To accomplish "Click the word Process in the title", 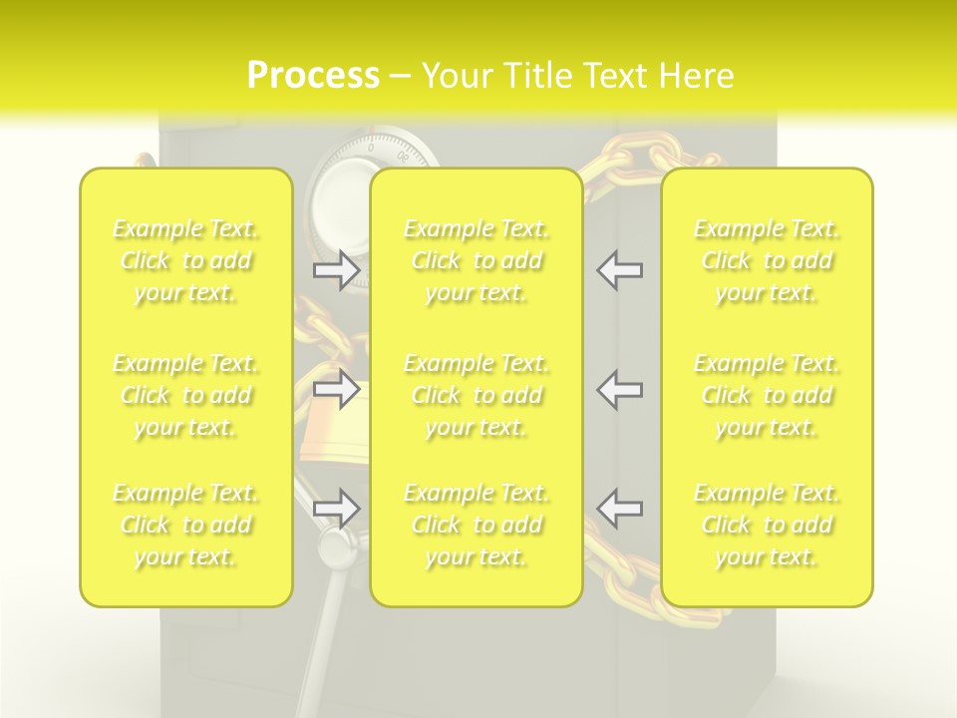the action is (313, 76).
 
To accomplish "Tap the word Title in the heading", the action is (537, 76).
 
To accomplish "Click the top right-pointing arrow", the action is (337, 270).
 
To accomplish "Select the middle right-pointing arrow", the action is (337, 390).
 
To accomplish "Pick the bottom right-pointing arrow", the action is (337, 509).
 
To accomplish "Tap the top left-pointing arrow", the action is (619, 270).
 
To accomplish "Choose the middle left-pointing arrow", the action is (619, 390).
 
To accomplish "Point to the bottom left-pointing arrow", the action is (619, 509).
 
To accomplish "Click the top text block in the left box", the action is (185, 260).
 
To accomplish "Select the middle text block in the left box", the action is (185, 395).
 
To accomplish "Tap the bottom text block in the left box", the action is (185, 525).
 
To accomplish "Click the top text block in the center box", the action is (477, 260).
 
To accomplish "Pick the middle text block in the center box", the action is (477, 395).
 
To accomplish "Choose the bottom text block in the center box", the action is (477, 525).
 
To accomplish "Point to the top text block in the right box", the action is (767, 260).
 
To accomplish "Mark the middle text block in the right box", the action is (767, 395).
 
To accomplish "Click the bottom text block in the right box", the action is (767, 525).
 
